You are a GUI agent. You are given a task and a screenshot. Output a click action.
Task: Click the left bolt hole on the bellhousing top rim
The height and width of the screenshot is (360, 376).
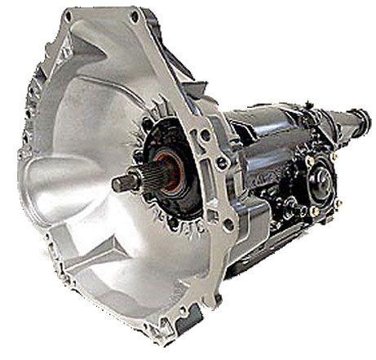point(69,15)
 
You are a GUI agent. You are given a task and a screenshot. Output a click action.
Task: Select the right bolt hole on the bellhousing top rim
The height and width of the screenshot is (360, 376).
point(131,15)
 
